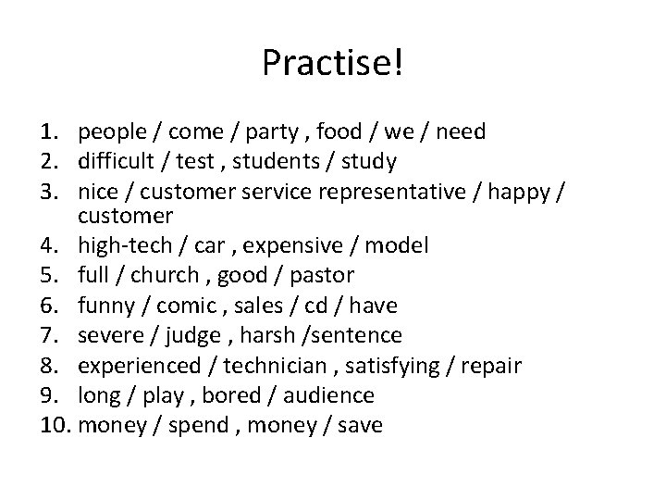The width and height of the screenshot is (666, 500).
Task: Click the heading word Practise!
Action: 333,63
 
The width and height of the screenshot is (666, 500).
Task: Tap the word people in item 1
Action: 110,132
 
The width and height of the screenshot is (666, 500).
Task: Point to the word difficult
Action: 116,161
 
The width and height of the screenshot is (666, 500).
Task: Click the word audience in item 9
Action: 329,395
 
